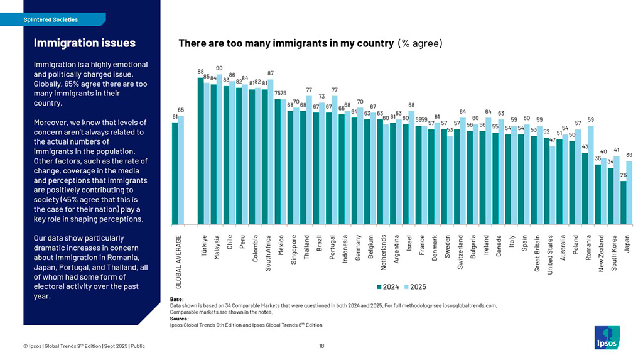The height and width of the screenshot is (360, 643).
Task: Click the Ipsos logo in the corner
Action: [x=606, y=337]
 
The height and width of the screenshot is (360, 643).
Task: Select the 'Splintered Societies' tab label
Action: [x=51, y=19]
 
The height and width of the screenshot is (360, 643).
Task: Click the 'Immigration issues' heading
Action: [x=84, y=43]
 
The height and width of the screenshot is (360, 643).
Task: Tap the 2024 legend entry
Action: [x=387, y=286]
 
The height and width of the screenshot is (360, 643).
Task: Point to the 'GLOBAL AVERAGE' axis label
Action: [x=178, y=263]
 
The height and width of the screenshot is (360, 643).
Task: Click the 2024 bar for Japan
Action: [x=624, y=202]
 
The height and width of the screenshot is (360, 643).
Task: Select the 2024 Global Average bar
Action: [x=175, y=173]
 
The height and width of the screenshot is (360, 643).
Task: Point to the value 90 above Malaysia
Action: [x=219, y=68]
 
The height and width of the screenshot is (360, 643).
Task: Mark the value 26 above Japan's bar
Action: [x=624, y=175]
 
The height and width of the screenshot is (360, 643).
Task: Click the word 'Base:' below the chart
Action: [x=176, y=299]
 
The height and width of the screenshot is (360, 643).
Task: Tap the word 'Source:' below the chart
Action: [x=179, y=319]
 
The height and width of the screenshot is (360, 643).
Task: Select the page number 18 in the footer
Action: [x=321, y=346]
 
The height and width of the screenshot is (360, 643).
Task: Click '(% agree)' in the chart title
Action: [x=419, y=43]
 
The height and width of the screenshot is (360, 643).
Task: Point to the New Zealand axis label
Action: [x=602, y=253]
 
